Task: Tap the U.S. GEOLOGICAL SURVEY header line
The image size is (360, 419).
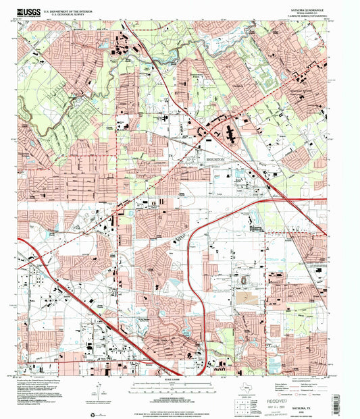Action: (64, 14)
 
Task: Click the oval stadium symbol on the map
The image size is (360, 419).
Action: (242, 279)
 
